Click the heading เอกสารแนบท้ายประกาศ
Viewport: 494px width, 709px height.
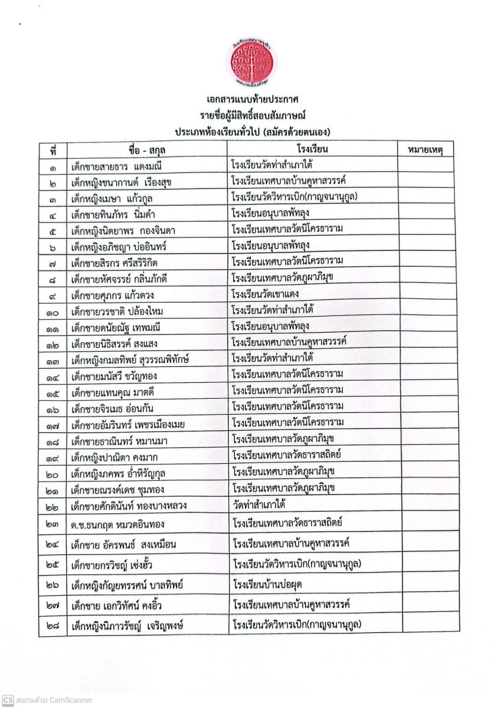pyautogui.click(x=247, y=99)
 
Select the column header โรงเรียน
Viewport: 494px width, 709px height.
pyautogui.click(x=312, y=149)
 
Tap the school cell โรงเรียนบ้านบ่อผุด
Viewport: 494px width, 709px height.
pyautogui.click(x=270, y=585)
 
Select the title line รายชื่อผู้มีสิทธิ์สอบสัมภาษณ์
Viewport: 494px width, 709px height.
pyautogui.click(x=247, y=115)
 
